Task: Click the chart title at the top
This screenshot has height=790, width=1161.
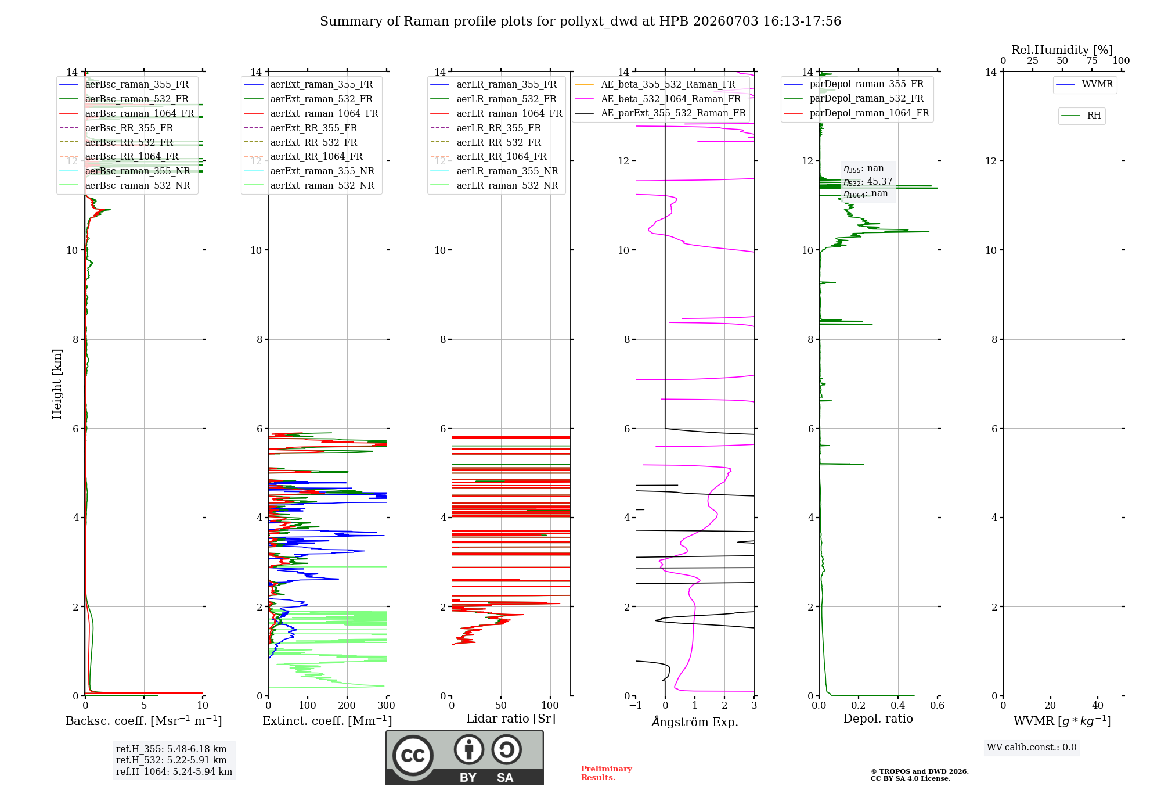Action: [580, 21]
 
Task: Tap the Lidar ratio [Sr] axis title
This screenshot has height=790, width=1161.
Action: [511, 719]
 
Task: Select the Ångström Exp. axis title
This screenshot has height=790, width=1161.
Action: [695, 721]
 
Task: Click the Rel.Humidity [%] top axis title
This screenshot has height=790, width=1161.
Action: [1062, 50]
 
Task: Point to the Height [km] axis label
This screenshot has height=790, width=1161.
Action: [57, 384]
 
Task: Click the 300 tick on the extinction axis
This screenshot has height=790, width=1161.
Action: [386, 706]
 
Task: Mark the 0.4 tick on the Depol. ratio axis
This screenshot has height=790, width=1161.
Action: [898, 706]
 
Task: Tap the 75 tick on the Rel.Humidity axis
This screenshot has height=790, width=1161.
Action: [1092, 61]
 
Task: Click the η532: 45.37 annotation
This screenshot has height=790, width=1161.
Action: [868, 182]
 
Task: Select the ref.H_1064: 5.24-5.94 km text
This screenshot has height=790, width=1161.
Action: [174, 772]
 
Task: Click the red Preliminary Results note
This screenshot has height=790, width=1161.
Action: [607, 773]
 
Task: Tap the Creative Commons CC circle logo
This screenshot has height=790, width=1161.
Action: [413, 755]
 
